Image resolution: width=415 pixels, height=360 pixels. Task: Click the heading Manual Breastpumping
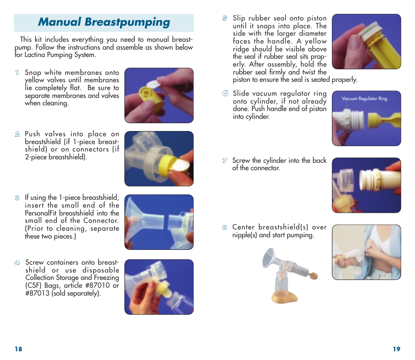point(104,22)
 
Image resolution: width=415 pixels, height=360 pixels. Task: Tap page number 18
point(18,349)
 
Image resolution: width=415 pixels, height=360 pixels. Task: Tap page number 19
point(396,349)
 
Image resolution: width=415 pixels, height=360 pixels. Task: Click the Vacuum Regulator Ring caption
point(364,99)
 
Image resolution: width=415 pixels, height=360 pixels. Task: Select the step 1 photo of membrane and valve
point(159,95)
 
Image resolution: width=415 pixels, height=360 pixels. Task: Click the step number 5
point(224,18)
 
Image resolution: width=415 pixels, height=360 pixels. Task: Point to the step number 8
point(224,227)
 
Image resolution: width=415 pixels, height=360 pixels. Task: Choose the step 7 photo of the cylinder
point(366,185)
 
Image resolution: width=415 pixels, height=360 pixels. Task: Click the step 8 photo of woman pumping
point(366,252)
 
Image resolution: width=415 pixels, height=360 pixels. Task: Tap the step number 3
point(17,198)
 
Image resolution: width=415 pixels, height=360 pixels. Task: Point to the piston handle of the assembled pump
point(312,276)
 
